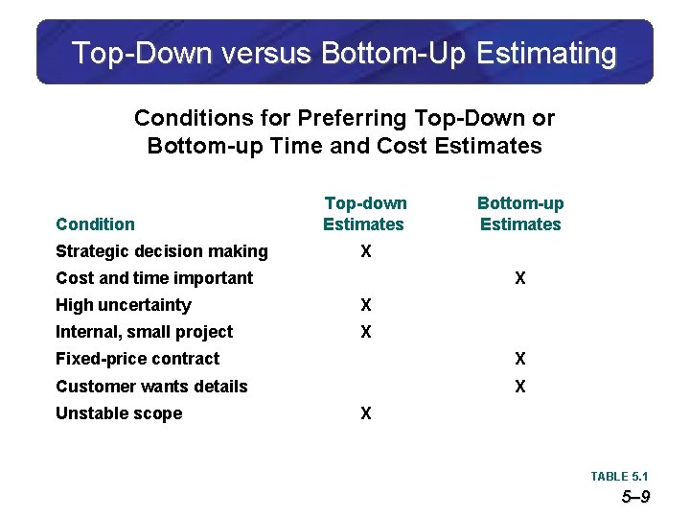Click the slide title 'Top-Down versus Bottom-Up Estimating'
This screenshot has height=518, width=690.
click(x=344, y=53)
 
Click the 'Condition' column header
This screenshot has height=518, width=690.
click(x=95, y=224)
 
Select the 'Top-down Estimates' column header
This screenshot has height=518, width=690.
click(x=364, y=214)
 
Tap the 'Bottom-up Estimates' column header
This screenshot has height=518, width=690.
click(x=520, y=214)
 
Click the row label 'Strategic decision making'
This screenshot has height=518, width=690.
click(x=162, y=251)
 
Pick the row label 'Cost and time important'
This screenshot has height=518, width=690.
click(x=154, y=278)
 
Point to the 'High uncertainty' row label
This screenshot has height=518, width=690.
click(x=124, y=305)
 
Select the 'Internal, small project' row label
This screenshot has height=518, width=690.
click(x=145, y=332)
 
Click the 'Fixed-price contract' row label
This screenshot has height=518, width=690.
click(x=138, y=359)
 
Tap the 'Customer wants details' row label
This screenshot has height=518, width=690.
click(x=151, y=387)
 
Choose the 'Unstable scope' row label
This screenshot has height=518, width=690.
click(x=119, y=413)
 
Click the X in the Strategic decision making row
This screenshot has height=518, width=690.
click(x=365, y=251)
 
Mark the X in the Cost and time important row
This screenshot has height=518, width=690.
click(x=519, y=278)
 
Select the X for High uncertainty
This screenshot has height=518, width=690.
click(x=365, y=305)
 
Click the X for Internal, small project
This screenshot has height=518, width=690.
click(x=365, y=332)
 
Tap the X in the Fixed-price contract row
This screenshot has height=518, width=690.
click(x=519, y=359)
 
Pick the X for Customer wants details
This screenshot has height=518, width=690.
click(x=519, y=387)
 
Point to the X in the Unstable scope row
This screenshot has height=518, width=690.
click(x=365, y=413)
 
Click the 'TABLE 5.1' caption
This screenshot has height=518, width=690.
click(x=619, y=477)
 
